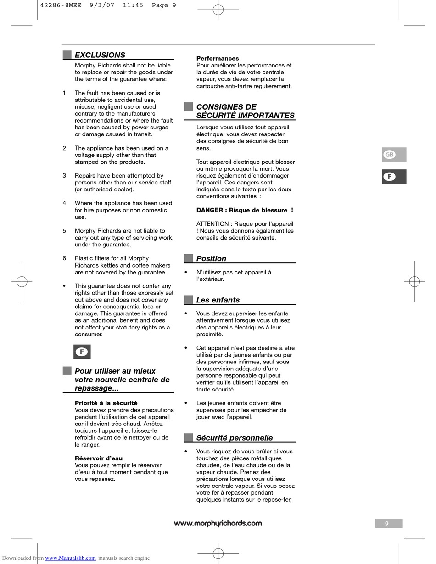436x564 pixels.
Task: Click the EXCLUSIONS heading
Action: (x=100, y=55)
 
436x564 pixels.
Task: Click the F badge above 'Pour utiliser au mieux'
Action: (x=82, y=352)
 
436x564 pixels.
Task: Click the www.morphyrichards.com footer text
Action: (x=218, y=524)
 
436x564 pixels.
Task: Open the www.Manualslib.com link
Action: (x=70, y=558)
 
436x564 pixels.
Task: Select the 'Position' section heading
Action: (x=211, y=259)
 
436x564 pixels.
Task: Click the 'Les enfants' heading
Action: (x=218, y=300)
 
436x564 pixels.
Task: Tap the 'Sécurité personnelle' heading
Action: (x=234, y=438)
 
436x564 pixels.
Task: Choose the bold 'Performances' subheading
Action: (x=218, y=58)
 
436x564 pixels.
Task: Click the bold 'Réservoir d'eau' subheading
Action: (x=98, y=458)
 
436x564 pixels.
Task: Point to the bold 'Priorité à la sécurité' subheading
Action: (x=106, y=403)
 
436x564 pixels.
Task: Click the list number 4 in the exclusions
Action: (x=64, y=203)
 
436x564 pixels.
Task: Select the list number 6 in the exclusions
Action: (x=64, y=258)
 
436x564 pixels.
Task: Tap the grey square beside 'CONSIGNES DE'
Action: (x=189, y=107)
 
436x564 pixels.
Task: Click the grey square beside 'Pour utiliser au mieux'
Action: (x=67, y=371)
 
